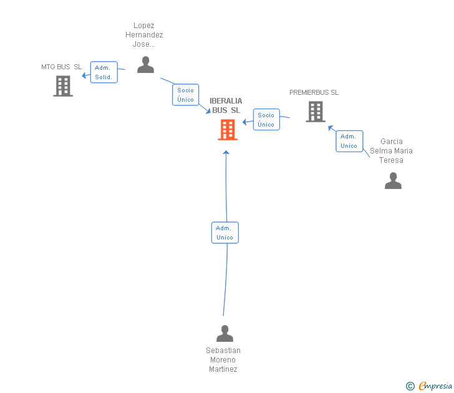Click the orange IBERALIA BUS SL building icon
tap(228, 130)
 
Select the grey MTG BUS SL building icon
tap(63, 86)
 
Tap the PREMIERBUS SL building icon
tap(316, 112)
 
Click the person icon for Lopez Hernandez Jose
tap(145, 65)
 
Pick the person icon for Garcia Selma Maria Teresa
tap(393, 181)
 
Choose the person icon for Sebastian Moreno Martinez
tap(225, 334)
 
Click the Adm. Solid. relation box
tap(104, 72)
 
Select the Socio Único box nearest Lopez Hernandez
tap(185, 95)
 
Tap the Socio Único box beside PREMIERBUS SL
tap(266, 119)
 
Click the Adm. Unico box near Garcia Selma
tap(349, 141)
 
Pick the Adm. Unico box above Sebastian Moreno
tap(225, 233)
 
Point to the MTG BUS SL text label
tap(62, 67)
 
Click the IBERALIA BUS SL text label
tap(226, 105)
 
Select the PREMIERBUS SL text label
tap(314, 92)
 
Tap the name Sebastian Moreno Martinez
tap(223, 360)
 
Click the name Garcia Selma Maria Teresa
tap(391, 151)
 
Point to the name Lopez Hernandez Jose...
tap(148, 35)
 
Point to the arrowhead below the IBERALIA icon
tap(226, 152)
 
